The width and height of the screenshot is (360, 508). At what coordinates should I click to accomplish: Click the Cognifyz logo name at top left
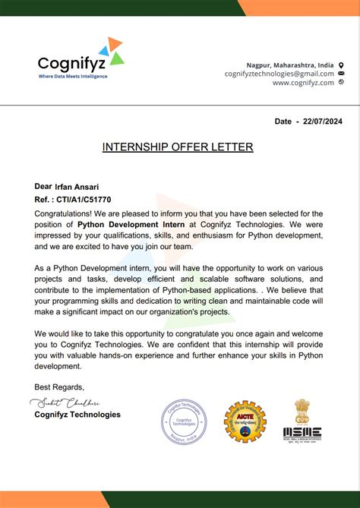pyautogui.click(x=73, y=63)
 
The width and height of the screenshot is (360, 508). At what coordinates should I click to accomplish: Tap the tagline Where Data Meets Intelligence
pyautogui.click(x=73, y=76)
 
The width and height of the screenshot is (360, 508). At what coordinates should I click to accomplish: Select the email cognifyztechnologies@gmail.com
pyautogui.click(x=279, y=74)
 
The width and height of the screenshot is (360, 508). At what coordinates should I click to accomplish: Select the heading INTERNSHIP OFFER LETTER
pyautogui.click(x=178, y=147)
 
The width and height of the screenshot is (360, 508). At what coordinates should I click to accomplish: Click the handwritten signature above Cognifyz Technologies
pyautogui.click(x=74, y=402)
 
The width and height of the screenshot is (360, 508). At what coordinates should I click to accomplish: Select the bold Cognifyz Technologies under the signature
pyautogui.click(x=77, y=415)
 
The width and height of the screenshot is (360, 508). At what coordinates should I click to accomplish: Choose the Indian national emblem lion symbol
pyautogui.click(x=302, y=411)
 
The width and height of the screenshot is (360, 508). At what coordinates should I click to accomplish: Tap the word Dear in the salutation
pyautogui.click(x=43, y=186)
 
